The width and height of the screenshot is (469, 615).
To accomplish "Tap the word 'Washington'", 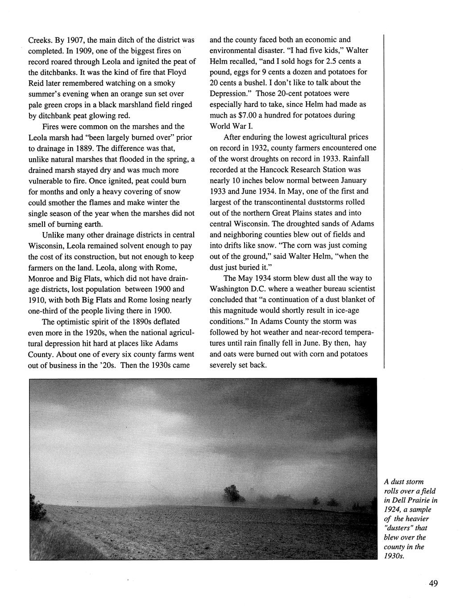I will [x=232, y=289].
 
